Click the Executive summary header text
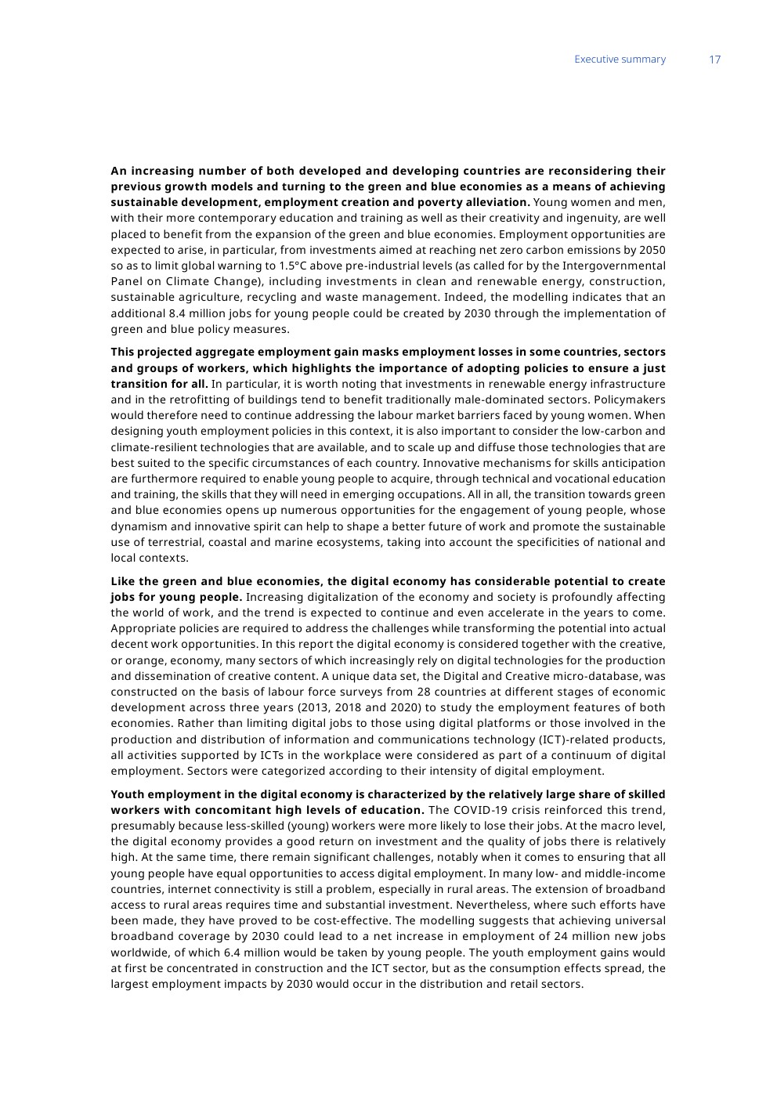point(620,60)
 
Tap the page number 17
point(714,60)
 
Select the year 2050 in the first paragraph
point(652,250)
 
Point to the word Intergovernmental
point(616,266)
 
